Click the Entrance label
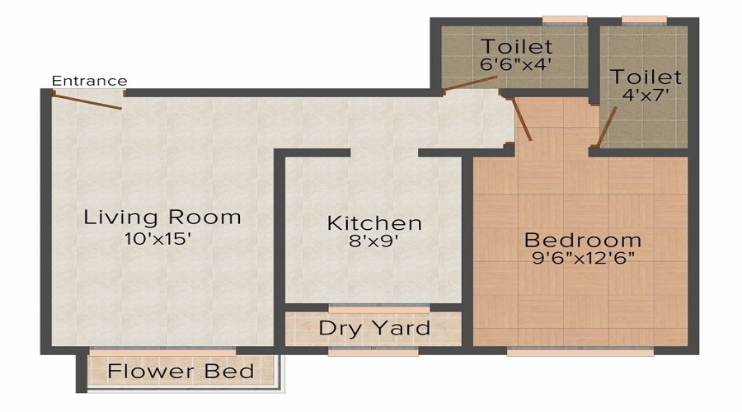pos(89,81)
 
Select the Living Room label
pos(162,218)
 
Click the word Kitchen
pos(374,222)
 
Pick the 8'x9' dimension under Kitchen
pos(374,242)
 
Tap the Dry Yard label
pos(374,328)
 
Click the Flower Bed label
pos(181,371)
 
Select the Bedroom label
pos(582,240)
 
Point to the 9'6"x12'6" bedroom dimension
pos(582,258)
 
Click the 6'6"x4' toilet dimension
pos(517,63)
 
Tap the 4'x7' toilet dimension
pos(646,95)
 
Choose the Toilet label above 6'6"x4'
pos(517,45)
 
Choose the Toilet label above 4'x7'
pos(646,77)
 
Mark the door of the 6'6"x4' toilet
pos(470,84)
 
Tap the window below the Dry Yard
pos(372,352)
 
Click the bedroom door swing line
pos(523,119)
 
